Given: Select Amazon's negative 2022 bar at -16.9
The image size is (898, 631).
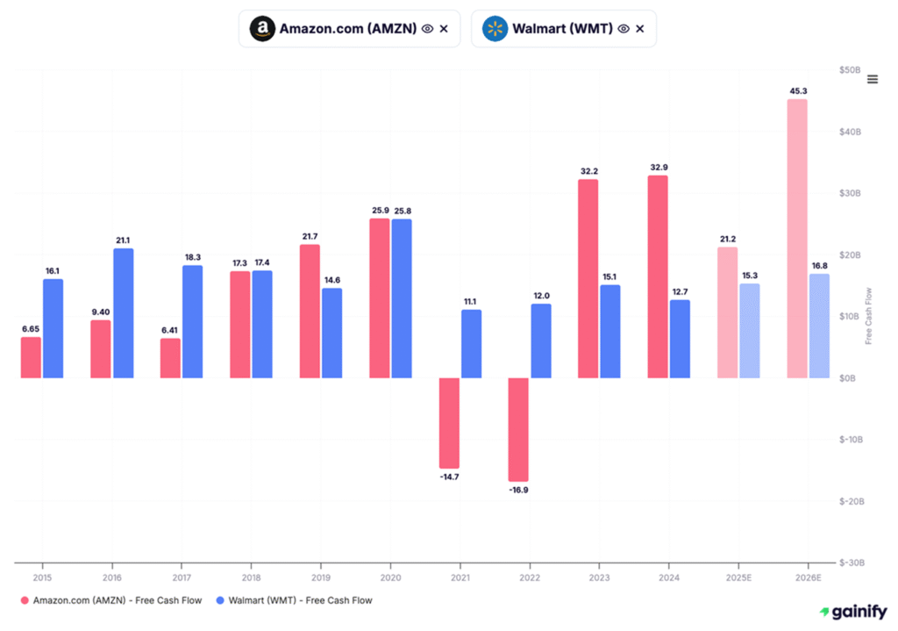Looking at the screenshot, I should (x=518, y=430).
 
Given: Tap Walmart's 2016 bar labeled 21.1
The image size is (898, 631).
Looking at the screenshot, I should (x=124, y=313).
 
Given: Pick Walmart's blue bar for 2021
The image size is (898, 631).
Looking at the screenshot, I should (x=471, y=344).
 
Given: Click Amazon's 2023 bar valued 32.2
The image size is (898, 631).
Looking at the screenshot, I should (x=588, y=279).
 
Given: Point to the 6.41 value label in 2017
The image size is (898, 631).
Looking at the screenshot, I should (x=170, y=328).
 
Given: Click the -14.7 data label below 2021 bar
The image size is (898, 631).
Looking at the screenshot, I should (x=449, y=477).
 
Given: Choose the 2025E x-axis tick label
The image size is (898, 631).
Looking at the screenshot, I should (x=738, y=578).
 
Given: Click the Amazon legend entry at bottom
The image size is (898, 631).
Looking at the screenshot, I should (x=111, y=600).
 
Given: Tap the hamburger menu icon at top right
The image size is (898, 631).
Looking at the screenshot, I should (x=872, y=80).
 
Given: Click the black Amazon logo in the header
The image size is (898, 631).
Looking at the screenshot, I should (x=261, y=29).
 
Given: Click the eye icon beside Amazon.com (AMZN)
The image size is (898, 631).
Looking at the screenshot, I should (x=427, y=29).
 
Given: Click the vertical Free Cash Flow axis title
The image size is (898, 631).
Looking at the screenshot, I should (x=869, y=315).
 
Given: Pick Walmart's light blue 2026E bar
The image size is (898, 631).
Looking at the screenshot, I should (x=819, y=326).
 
